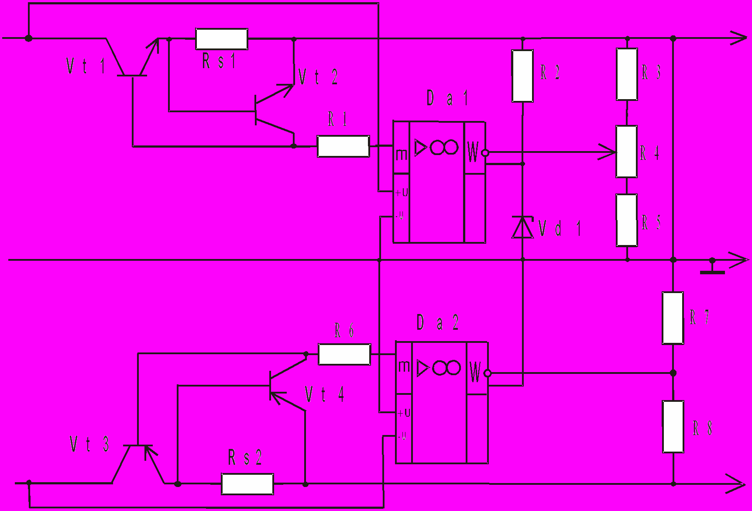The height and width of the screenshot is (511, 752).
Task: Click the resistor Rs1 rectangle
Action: point(222,39)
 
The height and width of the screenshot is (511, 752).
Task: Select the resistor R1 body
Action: point(343,146)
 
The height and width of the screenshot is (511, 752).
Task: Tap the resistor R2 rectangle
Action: point(522,76)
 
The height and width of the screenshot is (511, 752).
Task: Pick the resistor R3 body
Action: point(627,74)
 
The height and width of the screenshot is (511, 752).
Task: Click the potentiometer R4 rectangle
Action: point(626,152)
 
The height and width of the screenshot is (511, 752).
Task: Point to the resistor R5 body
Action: point(627,220)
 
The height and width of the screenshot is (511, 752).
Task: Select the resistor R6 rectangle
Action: point(344,354)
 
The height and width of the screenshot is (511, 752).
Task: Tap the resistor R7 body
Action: point(673,318)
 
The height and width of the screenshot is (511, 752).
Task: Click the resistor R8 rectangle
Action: point(673,427)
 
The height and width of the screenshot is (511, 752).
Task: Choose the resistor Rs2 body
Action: point(247,484)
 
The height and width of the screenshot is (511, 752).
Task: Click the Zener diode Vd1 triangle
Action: point(522,228)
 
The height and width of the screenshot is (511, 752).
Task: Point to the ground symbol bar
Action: point(712,273)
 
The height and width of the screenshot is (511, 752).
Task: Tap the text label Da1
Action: point(447,98)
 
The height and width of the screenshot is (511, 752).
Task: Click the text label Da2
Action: point(437,323)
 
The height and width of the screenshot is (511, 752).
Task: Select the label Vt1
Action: point(86,66)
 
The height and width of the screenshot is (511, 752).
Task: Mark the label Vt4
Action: point(324,394)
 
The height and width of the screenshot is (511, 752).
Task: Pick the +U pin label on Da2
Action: point(404,413)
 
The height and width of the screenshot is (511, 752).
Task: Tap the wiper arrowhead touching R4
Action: point(609,152)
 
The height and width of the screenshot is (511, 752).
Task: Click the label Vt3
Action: point(89,444)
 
